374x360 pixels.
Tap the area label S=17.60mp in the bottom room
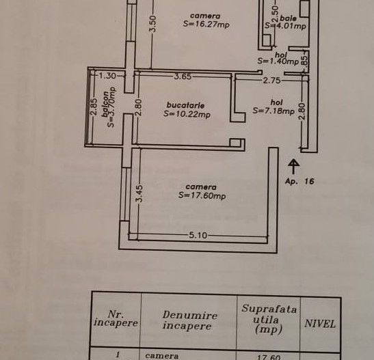point(202,195)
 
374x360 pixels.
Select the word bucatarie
point(185,105)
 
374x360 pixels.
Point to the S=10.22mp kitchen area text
point(187,115)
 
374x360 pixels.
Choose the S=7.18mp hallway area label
point(273,111)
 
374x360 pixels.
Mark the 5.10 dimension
point(199,236)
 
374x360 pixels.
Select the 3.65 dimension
point(182,77)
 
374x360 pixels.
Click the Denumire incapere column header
point(190,320)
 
